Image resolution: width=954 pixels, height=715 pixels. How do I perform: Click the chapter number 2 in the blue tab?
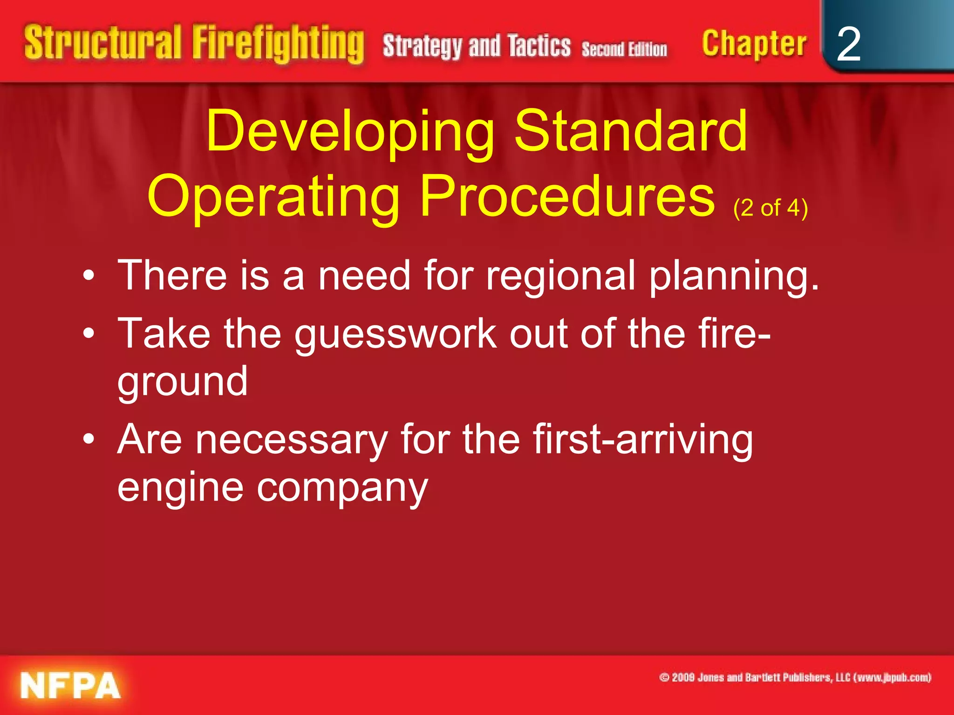[848, 44]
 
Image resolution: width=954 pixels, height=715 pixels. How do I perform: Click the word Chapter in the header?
[754, 44]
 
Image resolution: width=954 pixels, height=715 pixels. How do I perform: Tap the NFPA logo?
[70, 685]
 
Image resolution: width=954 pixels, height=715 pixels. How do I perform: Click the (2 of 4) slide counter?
[770, 208]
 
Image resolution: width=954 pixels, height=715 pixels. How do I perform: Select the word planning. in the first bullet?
[734, 276]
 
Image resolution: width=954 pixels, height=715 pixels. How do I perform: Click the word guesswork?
[395, 334]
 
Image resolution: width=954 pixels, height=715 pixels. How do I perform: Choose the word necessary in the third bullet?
[291, 439]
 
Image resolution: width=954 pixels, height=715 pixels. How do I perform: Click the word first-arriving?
[643, 439]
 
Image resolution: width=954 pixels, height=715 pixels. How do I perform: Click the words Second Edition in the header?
[624, 49]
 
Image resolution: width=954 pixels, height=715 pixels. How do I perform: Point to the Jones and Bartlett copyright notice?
[795, 677]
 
